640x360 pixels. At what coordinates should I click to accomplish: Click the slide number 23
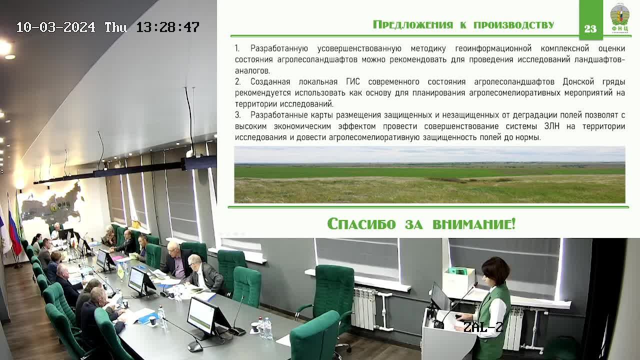[590, 28]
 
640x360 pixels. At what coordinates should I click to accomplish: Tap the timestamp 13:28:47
[167, 27]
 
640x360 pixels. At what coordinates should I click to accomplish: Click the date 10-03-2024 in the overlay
[55, 27]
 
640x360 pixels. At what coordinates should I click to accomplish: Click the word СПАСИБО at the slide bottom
[361, 223]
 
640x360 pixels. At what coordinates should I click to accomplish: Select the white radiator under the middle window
[364, 308]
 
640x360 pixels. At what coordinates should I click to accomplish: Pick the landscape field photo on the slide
[429, 174]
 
